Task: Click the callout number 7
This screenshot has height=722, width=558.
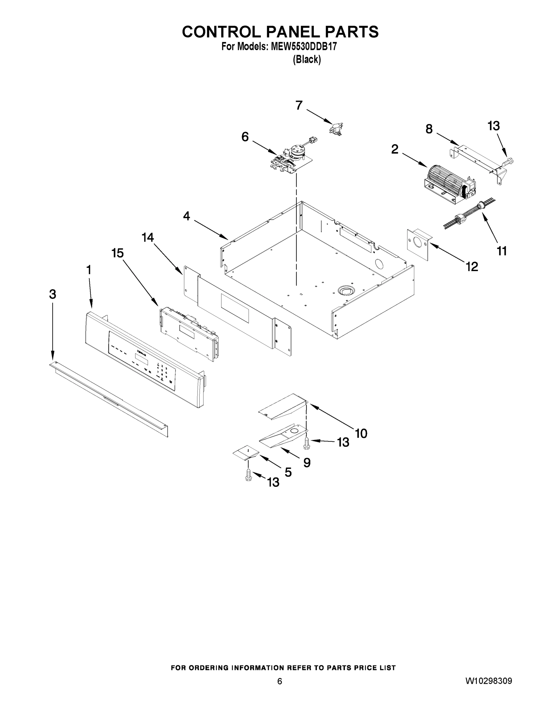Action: (299, 106)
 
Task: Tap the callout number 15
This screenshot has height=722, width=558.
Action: (117, 253)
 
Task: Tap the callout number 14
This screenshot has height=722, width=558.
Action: (148, 237)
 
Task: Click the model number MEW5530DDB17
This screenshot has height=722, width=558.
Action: (304, 47)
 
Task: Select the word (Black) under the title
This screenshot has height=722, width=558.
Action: (307, 60)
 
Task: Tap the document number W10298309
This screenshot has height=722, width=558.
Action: (489, 681)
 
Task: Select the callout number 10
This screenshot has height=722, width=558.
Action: (361, 433)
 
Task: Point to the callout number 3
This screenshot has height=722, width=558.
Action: (53, 294)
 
